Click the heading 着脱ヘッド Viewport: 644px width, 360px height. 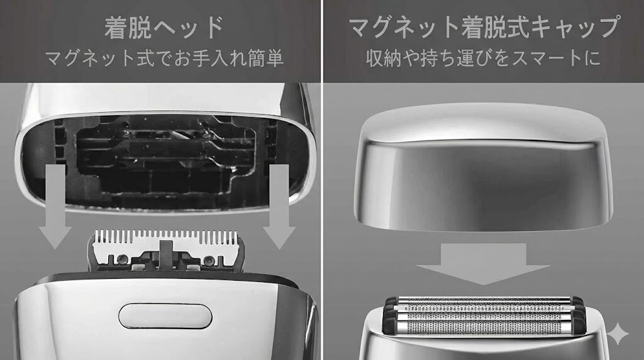164,27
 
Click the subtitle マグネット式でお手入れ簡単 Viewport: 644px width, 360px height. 164,59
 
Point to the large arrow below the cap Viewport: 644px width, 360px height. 483,264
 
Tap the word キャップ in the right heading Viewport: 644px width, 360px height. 576,27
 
